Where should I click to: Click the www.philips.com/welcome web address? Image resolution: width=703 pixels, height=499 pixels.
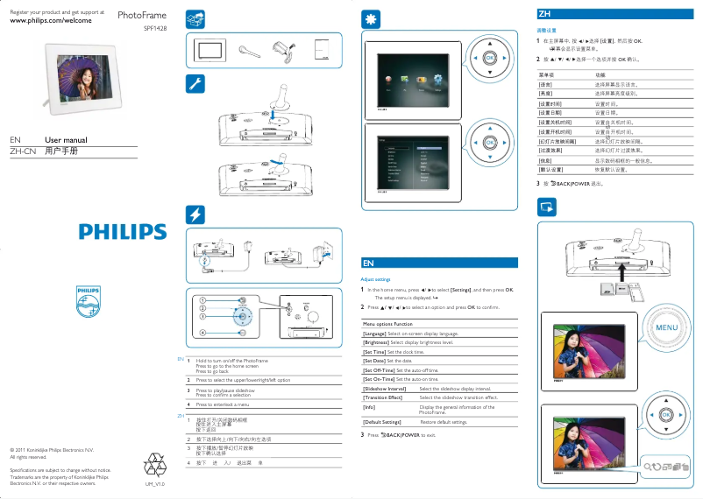[50, 20]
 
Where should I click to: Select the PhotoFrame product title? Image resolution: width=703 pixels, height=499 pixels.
[142, 16]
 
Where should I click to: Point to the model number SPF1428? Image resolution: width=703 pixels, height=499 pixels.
[154, 28]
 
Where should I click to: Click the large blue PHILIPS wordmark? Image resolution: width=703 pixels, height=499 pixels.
[123, 232]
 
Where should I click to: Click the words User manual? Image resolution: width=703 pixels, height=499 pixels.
[66, 140]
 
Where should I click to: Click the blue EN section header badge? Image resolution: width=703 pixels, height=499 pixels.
[369, 262]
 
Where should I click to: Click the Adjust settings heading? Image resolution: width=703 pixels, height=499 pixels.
[376, 279]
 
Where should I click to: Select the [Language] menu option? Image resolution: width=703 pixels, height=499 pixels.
[374, 334]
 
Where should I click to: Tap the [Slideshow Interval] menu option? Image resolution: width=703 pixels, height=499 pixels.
[385, 389]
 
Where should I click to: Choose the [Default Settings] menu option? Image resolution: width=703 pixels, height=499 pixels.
[382, 422]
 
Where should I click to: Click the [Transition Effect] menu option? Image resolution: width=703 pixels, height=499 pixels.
[383, 397]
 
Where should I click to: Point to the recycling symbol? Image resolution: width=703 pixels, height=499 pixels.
[154, 463]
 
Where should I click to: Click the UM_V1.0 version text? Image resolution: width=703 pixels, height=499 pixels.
[154, 483]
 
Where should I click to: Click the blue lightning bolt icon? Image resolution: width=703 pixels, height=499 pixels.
[197, 215]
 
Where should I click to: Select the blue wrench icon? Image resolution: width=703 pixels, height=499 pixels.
[197, 83]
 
